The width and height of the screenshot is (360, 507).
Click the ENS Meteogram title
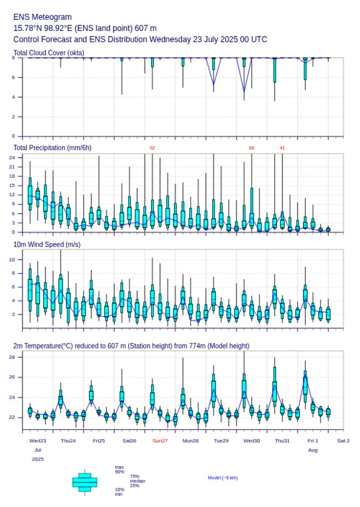[x=42, y=17]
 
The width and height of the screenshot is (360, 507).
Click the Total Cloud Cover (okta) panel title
[x=49, y=53]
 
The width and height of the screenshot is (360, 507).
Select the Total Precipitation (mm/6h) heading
[x=53, y=148]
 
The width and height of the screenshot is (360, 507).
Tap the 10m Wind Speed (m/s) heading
[x=47, y=245]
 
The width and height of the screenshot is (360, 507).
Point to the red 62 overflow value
[x=152, y=148]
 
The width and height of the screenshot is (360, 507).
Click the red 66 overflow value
[x=251, y=148]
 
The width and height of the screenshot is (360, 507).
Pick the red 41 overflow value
[x=282, y=148]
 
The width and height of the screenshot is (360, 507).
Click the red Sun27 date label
[x=160, y=441]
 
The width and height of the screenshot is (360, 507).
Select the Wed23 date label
[x=38, y=441]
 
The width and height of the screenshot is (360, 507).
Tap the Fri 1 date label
[x=313, y=441]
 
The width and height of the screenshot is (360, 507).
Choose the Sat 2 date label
[x=343, y=441]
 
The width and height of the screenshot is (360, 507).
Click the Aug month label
[x=313, y=450]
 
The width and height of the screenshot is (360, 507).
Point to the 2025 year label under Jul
[x=38, y=459]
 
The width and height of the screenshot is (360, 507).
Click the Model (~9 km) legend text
[x=223, y=478]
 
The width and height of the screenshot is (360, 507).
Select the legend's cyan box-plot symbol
[x=85, y=482]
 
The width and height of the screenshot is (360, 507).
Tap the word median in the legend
[x=137, y=481]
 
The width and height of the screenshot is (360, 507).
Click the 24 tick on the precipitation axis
[x=12, y=158]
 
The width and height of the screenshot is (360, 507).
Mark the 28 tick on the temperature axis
[x=12, y=358]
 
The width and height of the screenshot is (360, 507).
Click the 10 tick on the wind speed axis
[x=12, y=260]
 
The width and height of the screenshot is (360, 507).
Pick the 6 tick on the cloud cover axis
[x=13, y=77]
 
